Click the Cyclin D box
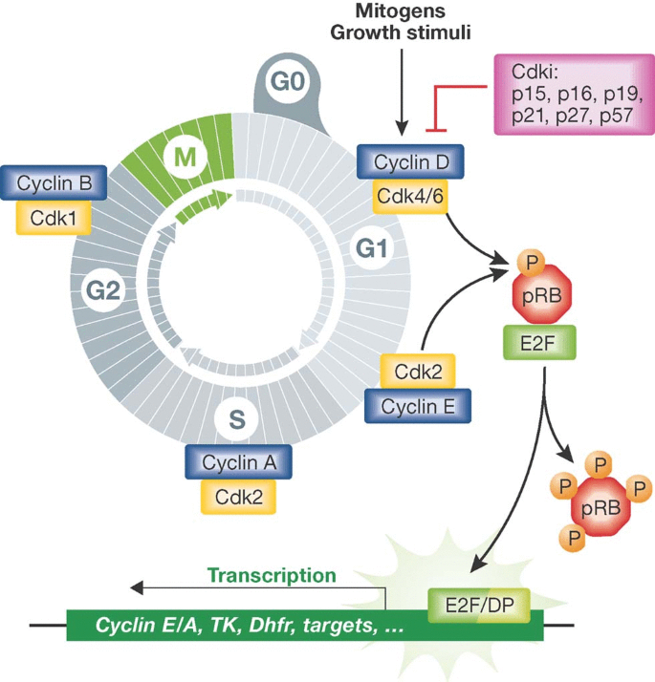pos(410,161)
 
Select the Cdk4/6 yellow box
pos(410,198)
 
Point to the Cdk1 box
pos(54,218)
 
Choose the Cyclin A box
pos(238,462)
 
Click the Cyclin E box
pos(417,406)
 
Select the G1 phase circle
pos(369,249)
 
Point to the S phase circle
pos(237,416)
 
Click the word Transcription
pos(272,576)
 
